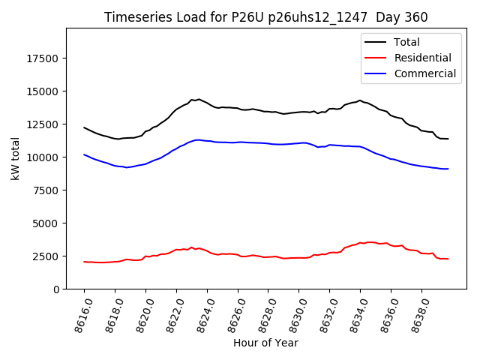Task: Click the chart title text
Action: click(x=265, y=17)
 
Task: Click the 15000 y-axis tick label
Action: click(x=43, y=91)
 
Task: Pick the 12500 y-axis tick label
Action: click(x=43, y=124)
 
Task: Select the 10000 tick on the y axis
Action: click(x=43, y=157)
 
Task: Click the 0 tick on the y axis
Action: click(x=57, y=289)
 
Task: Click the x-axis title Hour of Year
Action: click(x=265, y=343)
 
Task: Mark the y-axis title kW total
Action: click(x=15, y=159)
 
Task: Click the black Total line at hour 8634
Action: click(x=360, y=100)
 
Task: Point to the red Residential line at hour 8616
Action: click(x=84, y=262)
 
